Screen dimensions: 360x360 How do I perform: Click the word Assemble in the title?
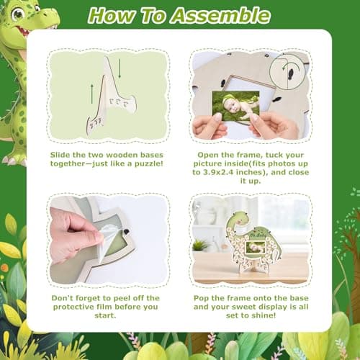[221, 16]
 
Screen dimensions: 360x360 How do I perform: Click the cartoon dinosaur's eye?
[17, 14]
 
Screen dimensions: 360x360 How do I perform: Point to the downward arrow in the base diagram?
[120, 68]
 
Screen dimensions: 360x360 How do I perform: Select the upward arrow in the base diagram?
[92, 94]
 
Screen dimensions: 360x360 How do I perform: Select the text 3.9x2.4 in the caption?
[217, 172]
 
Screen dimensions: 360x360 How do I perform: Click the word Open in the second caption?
[206, 156]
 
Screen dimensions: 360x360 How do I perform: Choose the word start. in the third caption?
[105, 315]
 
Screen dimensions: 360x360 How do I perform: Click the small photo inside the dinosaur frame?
[256, 248]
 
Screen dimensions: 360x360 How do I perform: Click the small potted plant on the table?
[200, 246]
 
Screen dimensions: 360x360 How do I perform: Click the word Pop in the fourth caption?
[202, 299]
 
